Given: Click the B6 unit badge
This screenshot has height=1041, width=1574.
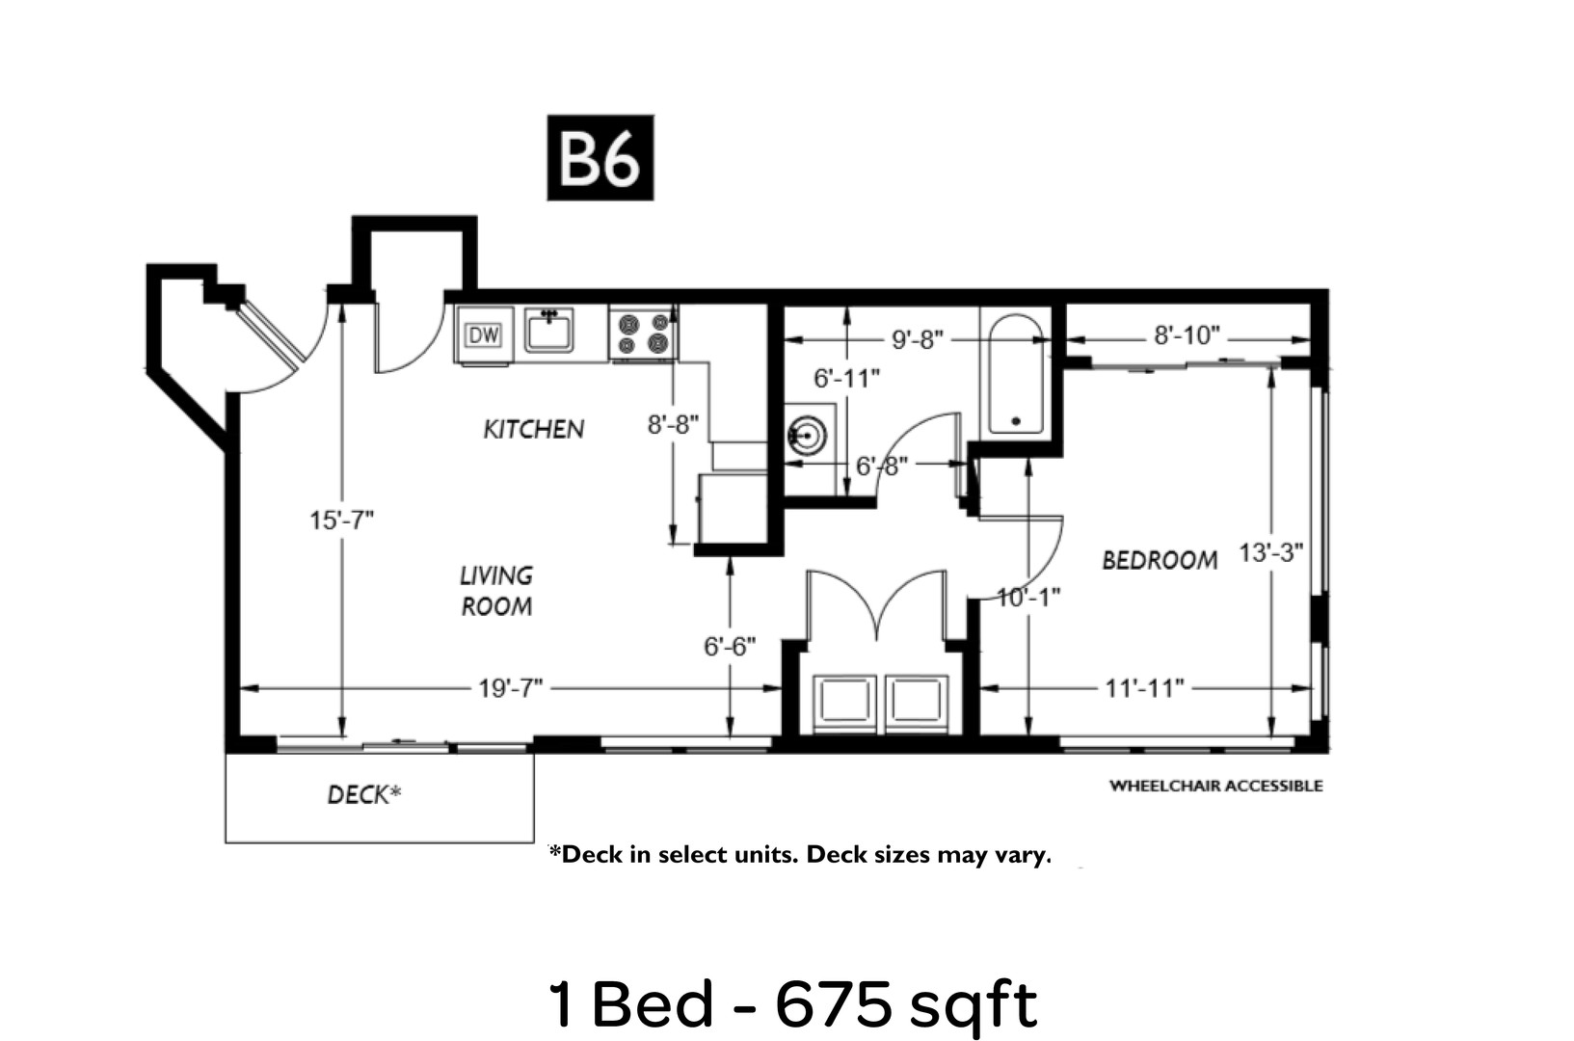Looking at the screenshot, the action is click(600, 157).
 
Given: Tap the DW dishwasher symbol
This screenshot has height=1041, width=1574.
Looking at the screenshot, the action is click(484, 335).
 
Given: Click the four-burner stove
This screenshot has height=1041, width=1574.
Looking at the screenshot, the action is click(643, 334).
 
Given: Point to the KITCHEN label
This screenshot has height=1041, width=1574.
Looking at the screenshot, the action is click(534, 429).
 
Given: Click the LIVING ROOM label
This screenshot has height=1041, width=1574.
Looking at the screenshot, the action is click(496, 591).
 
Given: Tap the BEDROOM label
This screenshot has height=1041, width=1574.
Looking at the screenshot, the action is click(1160, 560).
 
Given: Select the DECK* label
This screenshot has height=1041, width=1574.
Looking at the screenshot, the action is click(364, 794).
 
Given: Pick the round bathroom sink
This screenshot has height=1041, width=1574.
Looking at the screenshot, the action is click(807, 436).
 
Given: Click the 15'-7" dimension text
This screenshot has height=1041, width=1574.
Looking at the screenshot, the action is click(341, 520).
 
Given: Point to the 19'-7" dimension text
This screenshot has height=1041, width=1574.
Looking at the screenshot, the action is click(511, 688).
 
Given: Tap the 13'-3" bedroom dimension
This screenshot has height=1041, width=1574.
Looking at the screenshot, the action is click(1270, 552).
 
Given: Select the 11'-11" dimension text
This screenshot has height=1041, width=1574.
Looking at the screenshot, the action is click(1145, 688).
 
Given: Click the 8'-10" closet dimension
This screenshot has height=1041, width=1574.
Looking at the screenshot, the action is click(1187, 335).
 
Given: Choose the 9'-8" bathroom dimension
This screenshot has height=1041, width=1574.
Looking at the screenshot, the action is click(917, 339).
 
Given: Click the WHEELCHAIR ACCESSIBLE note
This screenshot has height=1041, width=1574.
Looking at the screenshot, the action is click(1215, 786).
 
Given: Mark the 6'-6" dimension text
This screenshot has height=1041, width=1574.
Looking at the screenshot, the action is click(730, 646).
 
